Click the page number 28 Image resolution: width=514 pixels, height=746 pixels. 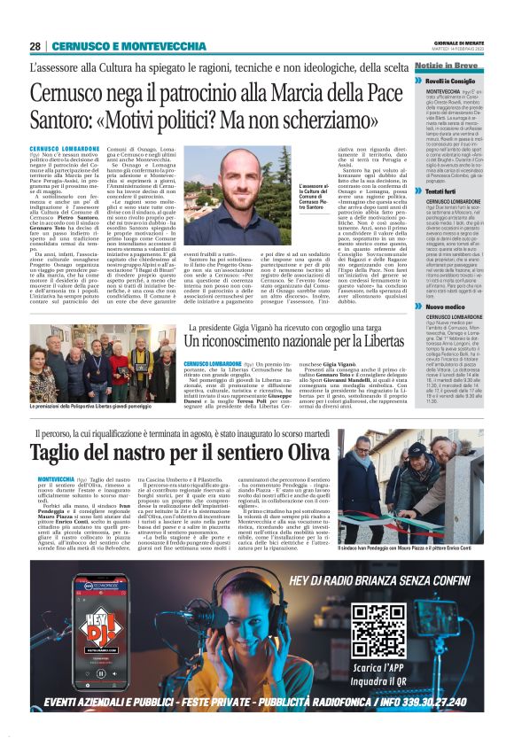[35, 46]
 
